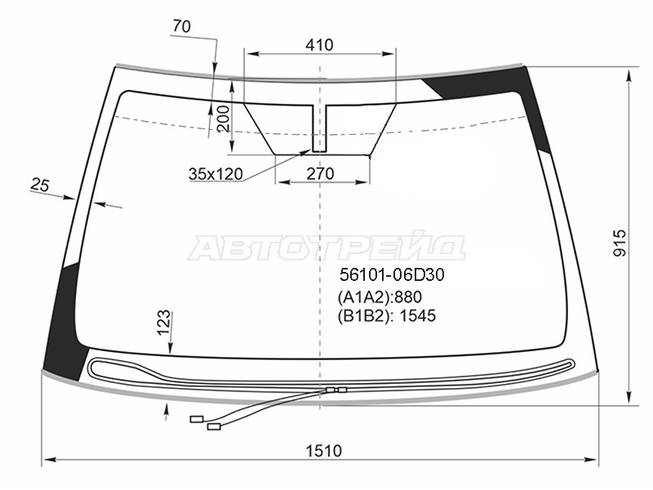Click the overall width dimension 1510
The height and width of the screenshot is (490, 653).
[323, 451]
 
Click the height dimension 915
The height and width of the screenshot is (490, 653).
[620, 243]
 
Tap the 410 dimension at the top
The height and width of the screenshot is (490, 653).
[319, 45]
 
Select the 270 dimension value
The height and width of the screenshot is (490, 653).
[320, 173]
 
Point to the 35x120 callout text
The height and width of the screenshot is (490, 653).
[215, 174]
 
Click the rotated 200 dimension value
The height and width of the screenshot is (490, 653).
[223, 118]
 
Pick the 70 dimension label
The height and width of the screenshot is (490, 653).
[181, 27]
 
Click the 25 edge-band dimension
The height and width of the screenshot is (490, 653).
[40, 185]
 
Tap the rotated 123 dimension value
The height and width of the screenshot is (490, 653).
[164, 322]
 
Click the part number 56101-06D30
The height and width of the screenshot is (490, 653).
[393, 274]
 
